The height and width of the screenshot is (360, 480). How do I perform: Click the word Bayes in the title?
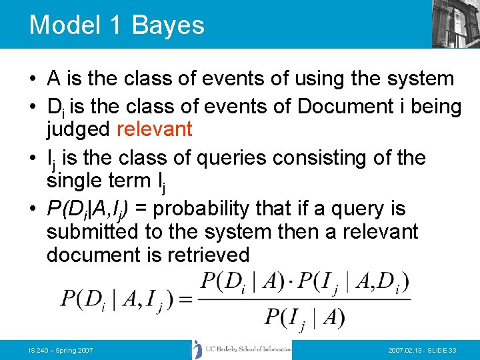(x=168, y=25)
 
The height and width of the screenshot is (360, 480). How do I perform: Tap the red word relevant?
(x=154, y=129)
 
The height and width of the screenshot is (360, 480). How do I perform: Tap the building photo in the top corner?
(x=455, y=23)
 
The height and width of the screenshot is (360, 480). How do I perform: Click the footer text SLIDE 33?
(x=441, y=350)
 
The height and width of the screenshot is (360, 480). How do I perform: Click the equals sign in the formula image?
(x=185, y=298)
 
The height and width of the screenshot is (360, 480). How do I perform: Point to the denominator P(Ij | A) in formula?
(x=304, y=317)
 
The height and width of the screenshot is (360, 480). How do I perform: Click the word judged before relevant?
(x=79, y=129)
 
